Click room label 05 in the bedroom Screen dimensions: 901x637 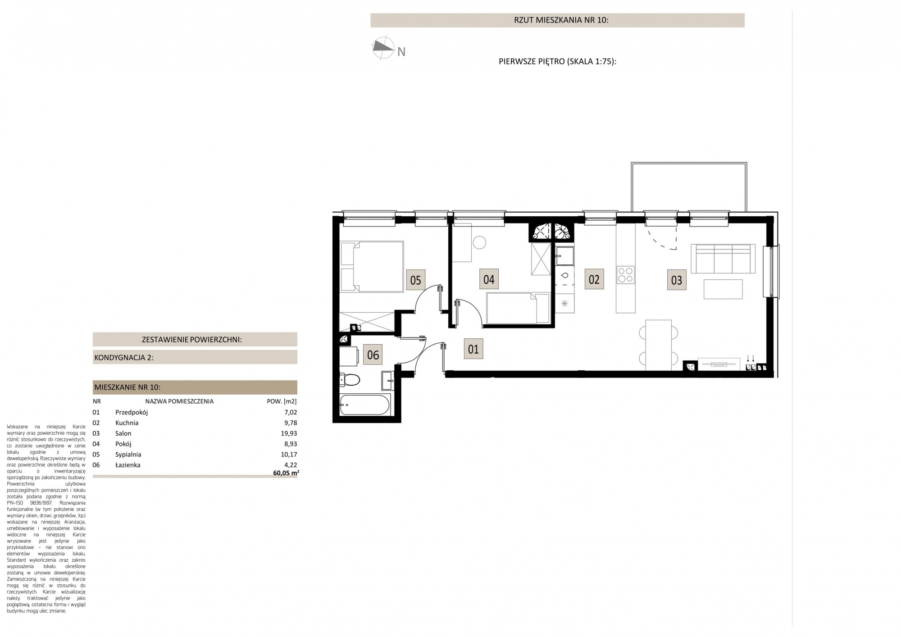pyautogui.click(x=415, y=280)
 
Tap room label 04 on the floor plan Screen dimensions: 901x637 pyautogui.click(x=489, y=279)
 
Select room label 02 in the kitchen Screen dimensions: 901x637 pyautogui.click(x=594, y=279)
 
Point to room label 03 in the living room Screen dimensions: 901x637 pyautogui.click(x=677, y=280)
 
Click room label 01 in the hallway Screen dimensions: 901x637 pyautogui.click(x=473, y=349)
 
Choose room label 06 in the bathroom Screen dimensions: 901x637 pyautogui.click(x=373, y=355)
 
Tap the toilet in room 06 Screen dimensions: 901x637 pyautogui.click(x=349, y=380)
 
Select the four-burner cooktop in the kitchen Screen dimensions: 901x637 pyautogui.click(x=625, y=275)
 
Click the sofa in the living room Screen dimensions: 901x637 pyautogui.click(x=723, y=258)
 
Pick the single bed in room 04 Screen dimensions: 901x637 pyautogui.click(x=518, y=308)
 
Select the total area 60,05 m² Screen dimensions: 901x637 pyautogui.click(x=286, y=473)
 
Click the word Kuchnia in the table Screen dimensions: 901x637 pyautogui.click(x=127, y=423)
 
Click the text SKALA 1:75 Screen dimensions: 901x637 pyautogui.click(x=591, y=62)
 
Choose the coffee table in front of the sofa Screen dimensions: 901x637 pyautogui.click(x=723, y=289)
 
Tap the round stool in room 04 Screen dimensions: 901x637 pyautogui.click(x=480, y=242)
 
